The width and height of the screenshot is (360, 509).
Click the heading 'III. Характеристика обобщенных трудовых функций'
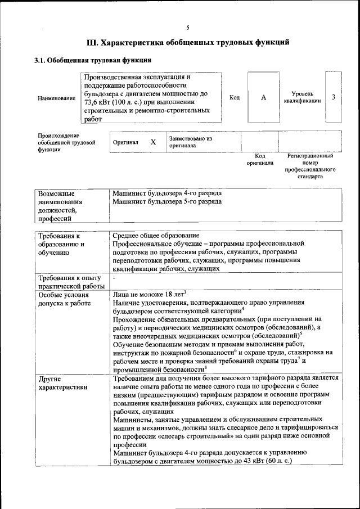tap(188, 42)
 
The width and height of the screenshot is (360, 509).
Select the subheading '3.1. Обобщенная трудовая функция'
tap(92, 60)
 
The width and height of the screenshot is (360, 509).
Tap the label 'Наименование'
tap(56, 98)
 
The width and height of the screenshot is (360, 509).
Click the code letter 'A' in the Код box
tap(263, 97)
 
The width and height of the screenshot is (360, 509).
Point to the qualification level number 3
tap(334, 97)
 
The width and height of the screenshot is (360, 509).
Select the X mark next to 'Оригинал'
tap(153, 142)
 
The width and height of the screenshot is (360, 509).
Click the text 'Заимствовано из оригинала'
tap(190, 141)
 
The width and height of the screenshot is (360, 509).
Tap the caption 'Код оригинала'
tap(260, 159)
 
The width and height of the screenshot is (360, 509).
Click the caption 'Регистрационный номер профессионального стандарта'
tap(310, 166)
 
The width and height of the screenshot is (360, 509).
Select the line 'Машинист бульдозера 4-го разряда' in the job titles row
tap(167, 192)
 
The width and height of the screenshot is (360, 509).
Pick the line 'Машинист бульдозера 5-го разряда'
tap(167, 201)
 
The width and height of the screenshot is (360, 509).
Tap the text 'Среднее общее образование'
tap(155, 235)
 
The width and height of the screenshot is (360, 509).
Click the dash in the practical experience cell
tap(114, 278)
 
